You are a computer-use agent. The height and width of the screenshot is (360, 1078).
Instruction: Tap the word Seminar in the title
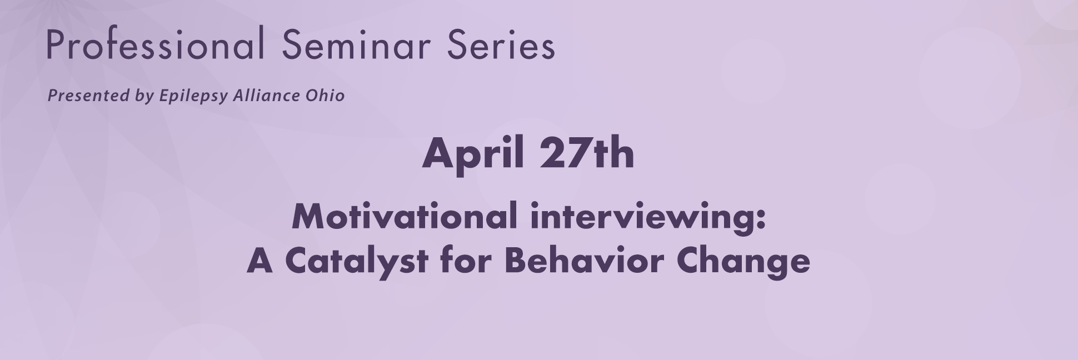click(356, 44)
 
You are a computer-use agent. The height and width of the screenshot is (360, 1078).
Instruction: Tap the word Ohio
click(325, 96)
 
